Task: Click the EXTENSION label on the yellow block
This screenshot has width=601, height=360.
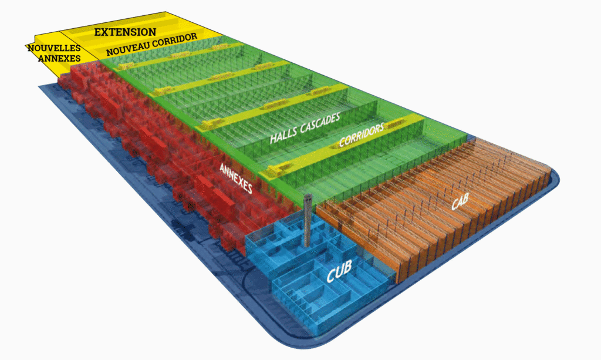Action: coord(125,31)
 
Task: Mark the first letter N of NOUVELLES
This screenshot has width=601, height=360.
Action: coord(31,48)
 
